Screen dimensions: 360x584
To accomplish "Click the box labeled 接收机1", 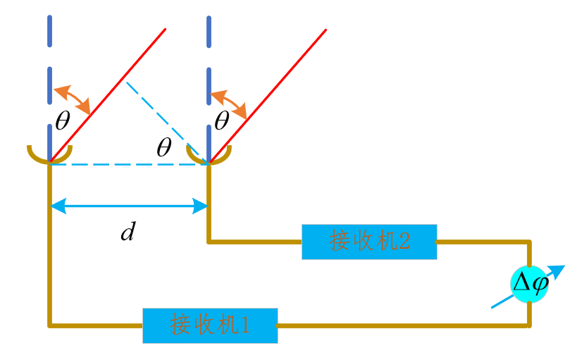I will tap(210, 325).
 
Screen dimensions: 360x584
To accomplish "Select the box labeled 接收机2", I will tap(369, 242).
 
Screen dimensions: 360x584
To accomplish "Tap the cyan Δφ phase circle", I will tap(529, 284).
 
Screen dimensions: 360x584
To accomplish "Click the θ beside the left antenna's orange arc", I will tap(63, 121).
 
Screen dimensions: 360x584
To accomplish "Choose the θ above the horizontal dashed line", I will tap(164, 147).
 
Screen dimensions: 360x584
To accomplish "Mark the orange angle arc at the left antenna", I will tap(73, 99).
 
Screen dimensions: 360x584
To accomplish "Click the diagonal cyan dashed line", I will tap(166, 121).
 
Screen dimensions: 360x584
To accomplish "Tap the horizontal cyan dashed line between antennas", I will tap(127, 164).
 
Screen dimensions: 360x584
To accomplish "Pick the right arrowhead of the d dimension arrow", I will tap(202, 206).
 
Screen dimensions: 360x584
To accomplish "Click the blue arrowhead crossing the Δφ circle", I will tap(558, 271).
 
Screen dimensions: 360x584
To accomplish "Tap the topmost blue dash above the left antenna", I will tap(49, 30).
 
